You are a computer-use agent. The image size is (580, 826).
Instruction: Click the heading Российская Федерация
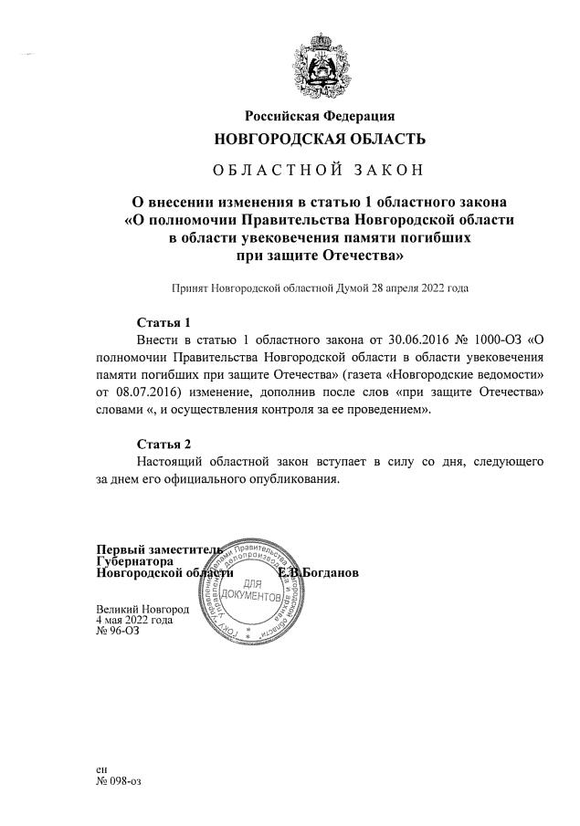(x=319, y=116)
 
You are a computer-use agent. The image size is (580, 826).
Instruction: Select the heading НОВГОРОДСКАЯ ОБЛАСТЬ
(x=319, y=139)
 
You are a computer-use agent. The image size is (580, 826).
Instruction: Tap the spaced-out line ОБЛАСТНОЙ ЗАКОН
(x=319, y=170)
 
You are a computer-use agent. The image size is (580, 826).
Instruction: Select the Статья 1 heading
(x=163, y=322)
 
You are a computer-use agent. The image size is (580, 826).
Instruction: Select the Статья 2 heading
(x=163, y=444)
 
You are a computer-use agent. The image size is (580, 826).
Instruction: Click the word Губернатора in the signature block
(x=135, y=561)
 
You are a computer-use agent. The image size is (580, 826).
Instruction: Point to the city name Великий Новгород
(x=142, y=608)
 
